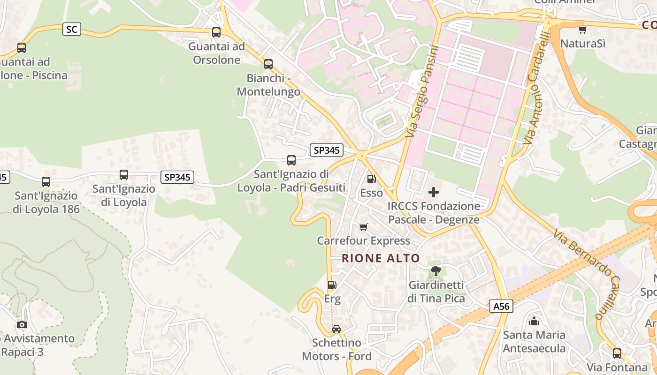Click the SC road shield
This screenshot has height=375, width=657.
[x=71, y=30]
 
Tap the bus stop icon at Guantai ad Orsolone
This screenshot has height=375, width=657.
[x=216, y=32]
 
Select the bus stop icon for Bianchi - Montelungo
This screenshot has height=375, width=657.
[x=268, y=64]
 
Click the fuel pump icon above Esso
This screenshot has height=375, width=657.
[x=371, y=179]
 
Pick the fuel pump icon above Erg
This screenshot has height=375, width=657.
[x=332, y=285]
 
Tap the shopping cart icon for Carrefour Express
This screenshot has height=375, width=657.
[x=363, y=227]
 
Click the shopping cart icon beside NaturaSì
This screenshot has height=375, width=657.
[x=582, y=30]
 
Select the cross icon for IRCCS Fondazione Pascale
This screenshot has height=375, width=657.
[x=434, y=192]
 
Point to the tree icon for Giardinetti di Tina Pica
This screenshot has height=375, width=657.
[x=436, y=270]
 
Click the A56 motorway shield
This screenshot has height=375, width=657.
[x=501, y=307]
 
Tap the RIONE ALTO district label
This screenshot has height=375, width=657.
[x=381, y=258]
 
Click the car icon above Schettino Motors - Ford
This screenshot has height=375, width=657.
[x=336, y=329]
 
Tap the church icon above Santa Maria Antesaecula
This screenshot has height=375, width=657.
[x=534, y=321]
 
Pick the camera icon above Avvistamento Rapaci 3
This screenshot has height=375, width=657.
[x=22, y=324]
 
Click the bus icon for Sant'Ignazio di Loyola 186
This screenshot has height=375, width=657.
[x=46, y=182]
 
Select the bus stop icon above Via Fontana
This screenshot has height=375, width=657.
[x=617, y=353]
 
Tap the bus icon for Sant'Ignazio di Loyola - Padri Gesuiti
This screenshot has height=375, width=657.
[x=291, y=160]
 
